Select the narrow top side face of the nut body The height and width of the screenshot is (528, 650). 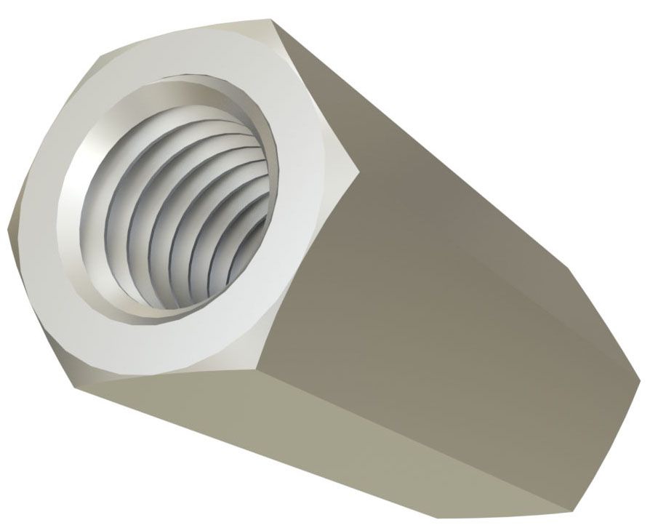tap(436, 131)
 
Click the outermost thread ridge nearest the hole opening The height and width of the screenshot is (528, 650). tap(109, 218)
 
